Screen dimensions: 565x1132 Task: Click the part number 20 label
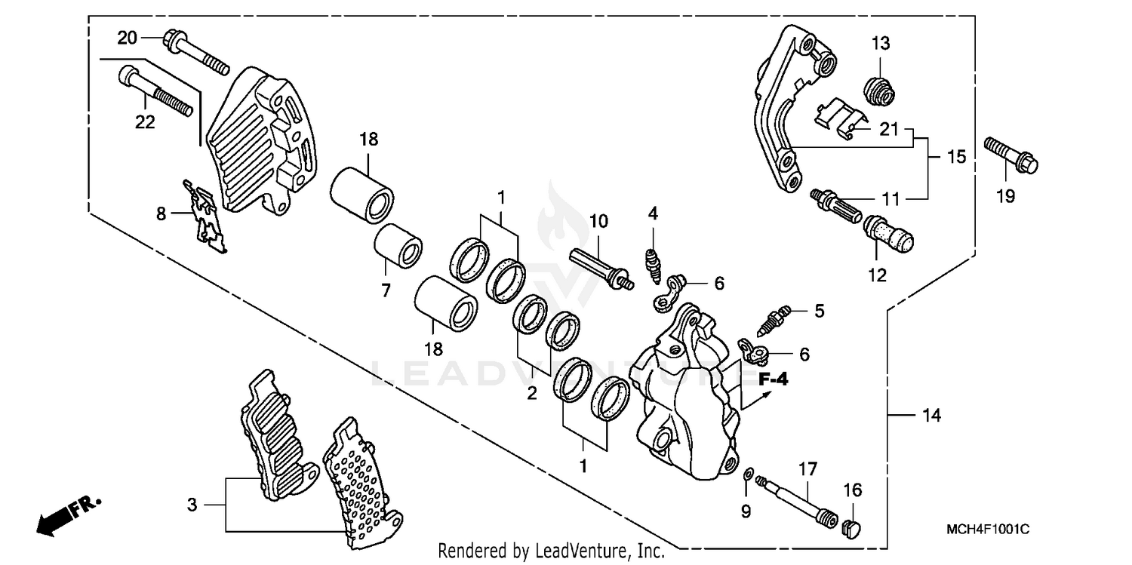coord(127,37)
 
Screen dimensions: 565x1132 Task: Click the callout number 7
coord(386,289)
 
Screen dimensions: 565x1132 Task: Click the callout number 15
coord(956,157)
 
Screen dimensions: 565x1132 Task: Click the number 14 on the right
coord(931,415)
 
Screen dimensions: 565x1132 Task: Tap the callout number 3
coord(192,505)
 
